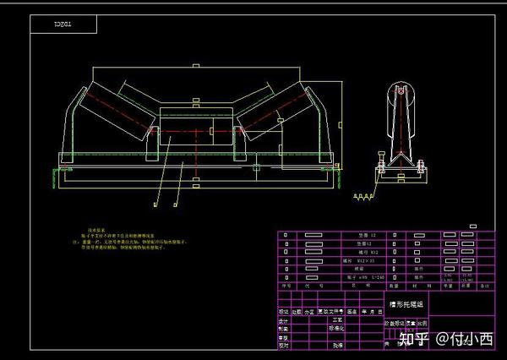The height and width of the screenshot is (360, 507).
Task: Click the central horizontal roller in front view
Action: tap(196, 130)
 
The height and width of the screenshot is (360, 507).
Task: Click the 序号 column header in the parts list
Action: tap(286, 286)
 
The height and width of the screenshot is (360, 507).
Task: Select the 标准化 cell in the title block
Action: tap(341, 328)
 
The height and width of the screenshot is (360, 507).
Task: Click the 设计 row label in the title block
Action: tap(285, 320)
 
